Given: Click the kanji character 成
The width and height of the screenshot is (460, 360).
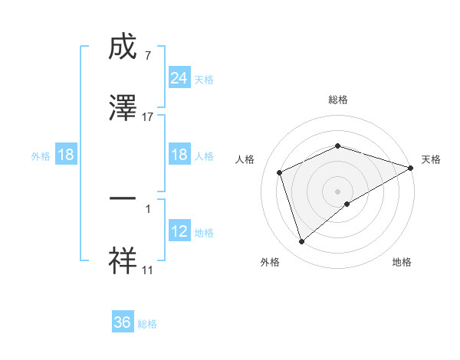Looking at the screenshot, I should [x=123, y=49].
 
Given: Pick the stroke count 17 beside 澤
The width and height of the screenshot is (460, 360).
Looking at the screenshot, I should [x=148, y=116].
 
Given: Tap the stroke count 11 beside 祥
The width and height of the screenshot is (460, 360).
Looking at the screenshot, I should [x=148, y=270].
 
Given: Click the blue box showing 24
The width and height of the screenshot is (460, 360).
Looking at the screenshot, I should [x=179, y=78].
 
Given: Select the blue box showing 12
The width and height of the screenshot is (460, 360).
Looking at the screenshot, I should [x=179, y=232].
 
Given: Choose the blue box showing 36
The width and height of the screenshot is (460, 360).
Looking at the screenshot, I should [x=123, y=322].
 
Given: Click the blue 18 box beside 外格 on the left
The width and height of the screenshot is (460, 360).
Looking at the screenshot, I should [x=66, y=155].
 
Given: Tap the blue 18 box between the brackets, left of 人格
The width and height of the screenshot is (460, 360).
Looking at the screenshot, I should [x=179, y=155].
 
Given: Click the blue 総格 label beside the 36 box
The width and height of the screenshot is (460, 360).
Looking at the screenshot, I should [x=148, y=324].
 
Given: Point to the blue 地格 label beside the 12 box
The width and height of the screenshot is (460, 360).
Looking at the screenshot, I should [x=204, y=233].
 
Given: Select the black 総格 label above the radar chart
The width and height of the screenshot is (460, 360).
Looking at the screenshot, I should [x=338, y=100].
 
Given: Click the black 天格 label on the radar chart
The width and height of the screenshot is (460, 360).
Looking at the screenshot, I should [x=431, y=159].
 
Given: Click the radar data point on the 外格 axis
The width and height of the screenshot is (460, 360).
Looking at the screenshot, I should [x=301, y=242].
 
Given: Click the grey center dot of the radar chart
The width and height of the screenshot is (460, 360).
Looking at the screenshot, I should [x=338, y=191].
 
